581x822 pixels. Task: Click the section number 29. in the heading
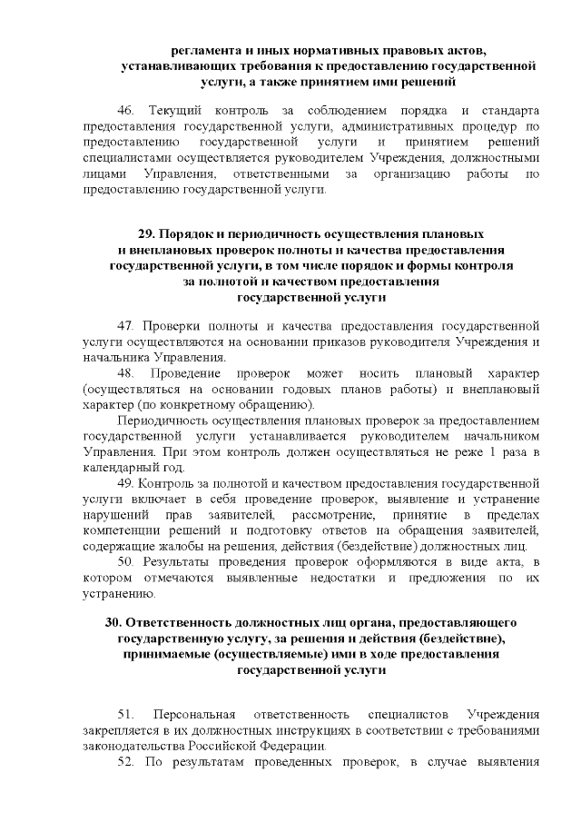point(147,233)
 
